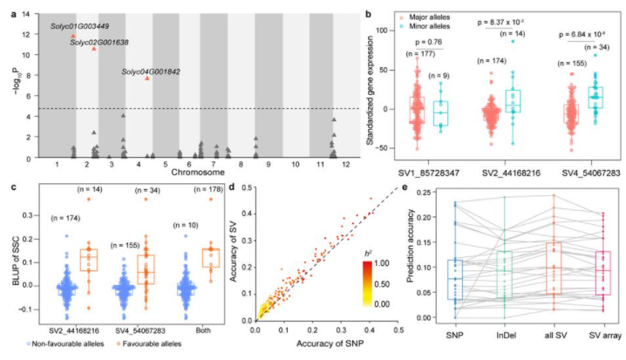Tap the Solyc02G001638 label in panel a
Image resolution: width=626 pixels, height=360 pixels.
(99, 41)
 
